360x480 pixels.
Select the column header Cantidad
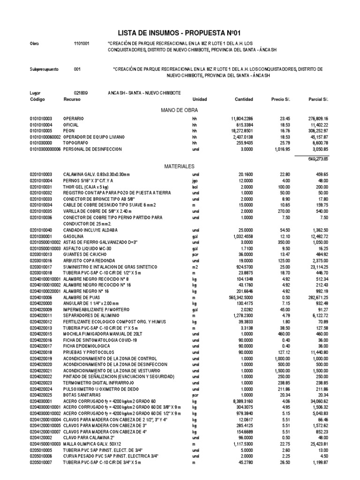tap(244, 100)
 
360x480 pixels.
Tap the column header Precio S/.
tap(281, 100)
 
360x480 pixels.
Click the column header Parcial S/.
tap(319, 100)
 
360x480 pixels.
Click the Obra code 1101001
tap(82, 43)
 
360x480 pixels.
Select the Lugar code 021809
tap(81, 93)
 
